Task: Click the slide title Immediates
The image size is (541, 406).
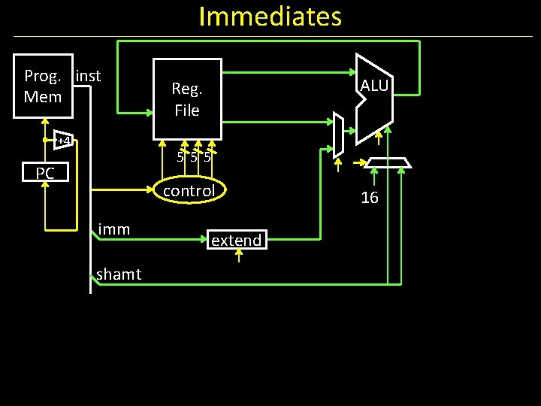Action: [x=270, y=16]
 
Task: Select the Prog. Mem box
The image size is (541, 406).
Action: [x=44, y=86]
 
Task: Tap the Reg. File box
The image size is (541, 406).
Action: [x=187, y=99]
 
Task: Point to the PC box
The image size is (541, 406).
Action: [x=45, y=174]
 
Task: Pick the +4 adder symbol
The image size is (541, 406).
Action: [x=64, y=141]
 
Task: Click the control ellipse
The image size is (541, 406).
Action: [x=189, y=191]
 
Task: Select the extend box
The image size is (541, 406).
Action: [x=236, y=241]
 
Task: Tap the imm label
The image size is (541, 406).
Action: [x=114, y=229]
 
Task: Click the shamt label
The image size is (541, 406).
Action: [x=119, y=274]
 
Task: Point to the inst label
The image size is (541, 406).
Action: [x=88, y=76]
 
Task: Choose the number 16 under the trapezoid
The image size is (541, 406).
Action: [x=370, y=198]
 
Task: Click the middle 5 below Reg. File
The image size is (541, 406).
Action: [x=194, y=158]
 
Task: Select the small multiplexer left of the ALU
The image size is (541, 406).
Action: [x=338, y=133]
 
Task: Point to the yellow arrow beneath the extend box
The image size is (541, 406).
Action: [x=238, y=256]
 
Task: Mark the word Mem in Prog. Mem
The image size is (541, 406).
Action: [x=43, y=97]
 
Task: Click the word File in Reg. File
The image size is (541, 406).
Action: [x=187, y=111]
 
